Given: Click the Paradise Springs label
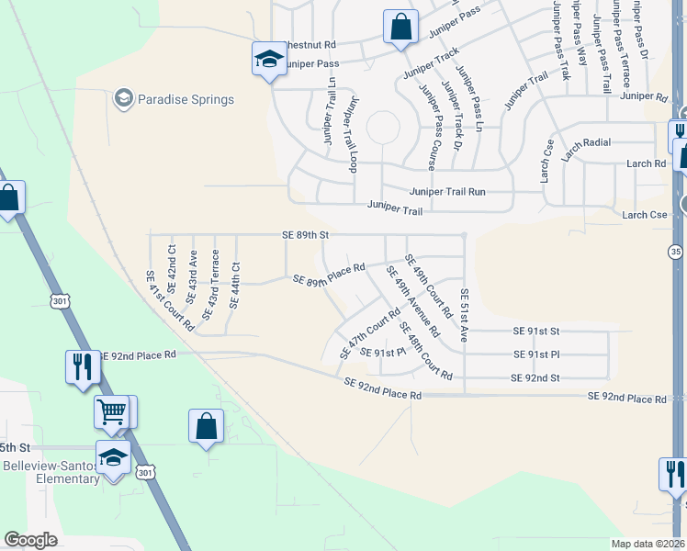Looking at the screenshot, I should pos(186,99).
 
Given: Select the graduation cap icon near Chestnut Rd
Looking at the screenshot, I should pos(268,60).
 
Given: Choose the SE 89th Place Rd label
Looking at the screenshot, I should pos(329,274).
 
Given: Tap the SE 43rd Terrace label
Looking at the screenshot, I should pos(210,285).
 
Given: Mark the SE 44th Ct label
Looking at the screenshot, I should pos(234,285).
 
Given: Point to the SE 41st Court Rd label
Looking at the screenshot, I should pos(171,300).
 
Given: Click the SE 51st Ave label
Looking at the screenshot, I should pos(465,316).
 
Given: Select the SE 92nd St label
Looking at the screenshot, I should pos(535,377).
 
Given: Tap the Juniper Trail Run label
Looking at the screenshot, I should pos(447,192).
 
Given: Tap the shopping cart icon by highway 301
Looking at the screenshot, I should pos(112,411).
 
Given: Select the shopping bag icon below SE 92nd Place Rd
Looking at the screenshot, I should pos(206,426).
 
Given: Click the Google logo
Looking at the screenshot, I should pos(30,539).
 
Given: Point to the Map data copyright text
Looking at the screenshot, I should pos(648,544).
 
